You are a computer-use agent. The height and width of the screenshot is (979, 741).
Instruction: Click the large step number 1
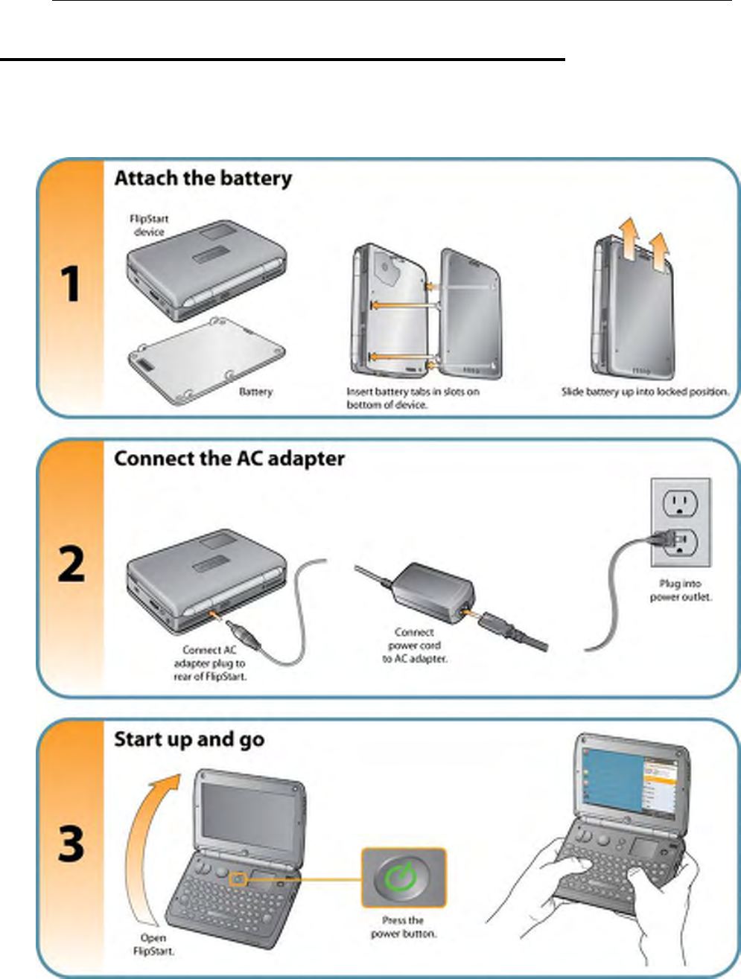coord(71,285)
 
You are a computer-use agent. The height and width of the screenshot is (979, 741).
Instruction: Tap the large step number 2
coord(71,564)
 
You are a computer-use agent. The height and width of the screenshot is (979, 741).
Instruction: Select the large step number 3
coord(71,844)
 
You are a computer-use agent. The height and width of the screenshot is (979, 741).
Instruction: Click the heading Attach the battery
coord(203,179)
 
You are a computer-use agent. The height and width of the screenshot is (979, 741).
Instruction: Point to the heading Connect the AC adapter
coord(229,459)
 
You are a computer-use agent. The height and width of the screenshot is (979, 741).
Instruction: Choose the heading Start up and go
coord(189,739)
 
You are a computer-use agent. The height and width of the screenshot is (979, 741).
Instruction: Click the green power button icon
coord(404,878)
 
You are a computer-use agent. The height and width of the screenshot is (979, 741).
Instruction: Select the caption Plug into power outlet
coord(681,590)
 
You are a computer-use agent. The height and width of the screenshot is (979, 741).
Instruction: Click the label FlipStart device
coord(149,226)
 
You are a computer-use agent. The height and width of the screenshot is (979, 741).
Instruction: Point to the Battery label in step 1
coord(255,392)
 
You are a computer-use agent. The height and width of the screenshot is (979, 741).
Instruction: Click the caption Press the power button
coord(404,927)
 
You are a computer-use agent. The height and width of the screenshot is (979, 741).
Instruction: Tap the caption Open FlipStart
coord(153,945)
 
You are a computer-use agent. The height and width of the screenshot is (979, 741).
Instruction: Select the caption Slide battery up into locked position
coord(645,392)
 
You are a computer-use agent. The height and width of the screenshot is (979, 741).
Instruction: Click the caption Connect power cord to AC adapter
coord(415,645)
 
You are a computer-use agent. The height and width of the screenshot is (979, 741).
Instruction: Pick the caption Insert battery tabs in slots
coord(413,398)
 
